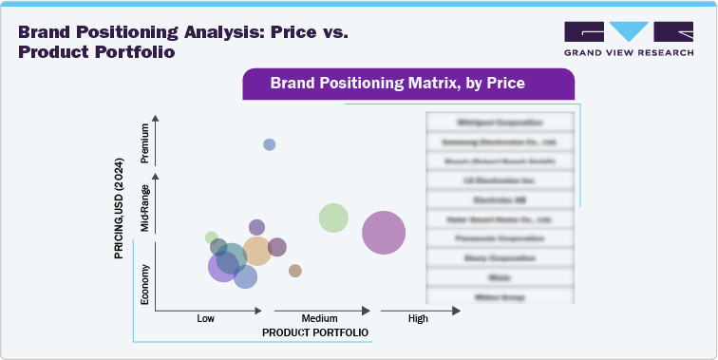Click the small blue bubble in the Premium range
point(270,144)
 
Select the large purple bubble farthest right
point(384,233)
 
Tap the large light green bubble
point(332,218)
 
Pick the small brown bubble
point(295,271)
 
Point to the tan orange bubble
point(256,251)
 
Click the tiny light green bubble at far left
point(212,237)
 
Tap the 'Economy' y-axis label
point(145,283)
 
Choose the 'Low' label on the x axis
point(205,318)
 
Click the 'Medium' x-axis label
point(319,318)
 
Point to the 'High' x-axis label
point(418,318)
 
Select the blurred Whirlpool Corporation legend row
point(500,123)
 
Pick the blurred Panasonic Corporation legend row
point(500,237)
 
